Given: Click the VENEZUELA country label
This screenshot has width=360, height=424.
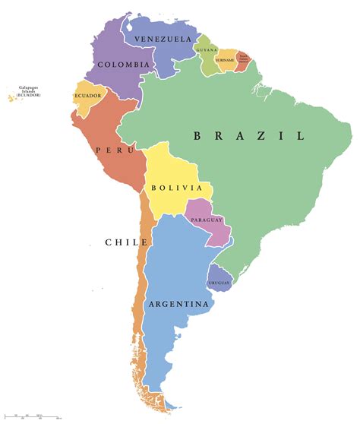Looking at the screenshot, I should [162, 39].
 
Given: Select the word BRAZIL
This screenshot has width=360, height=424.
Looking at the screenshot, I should [248, 136].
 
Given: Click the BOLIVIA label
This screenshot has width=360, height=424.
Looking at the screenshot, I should [176, 188].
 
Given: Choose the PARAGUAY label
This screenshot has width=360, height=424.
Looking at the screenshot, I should [207, 220].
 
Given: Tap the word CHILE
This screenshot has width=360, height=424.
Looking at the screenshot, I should [126, 242].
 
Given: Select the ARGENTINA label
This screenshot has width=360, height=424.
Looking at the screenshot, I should [179, 305].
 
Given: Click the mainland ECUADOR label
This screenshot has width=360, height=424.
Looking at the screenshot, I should [87, 96].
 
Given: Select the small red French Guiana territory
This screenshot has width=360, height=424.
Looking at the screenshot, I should [242, 63].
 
